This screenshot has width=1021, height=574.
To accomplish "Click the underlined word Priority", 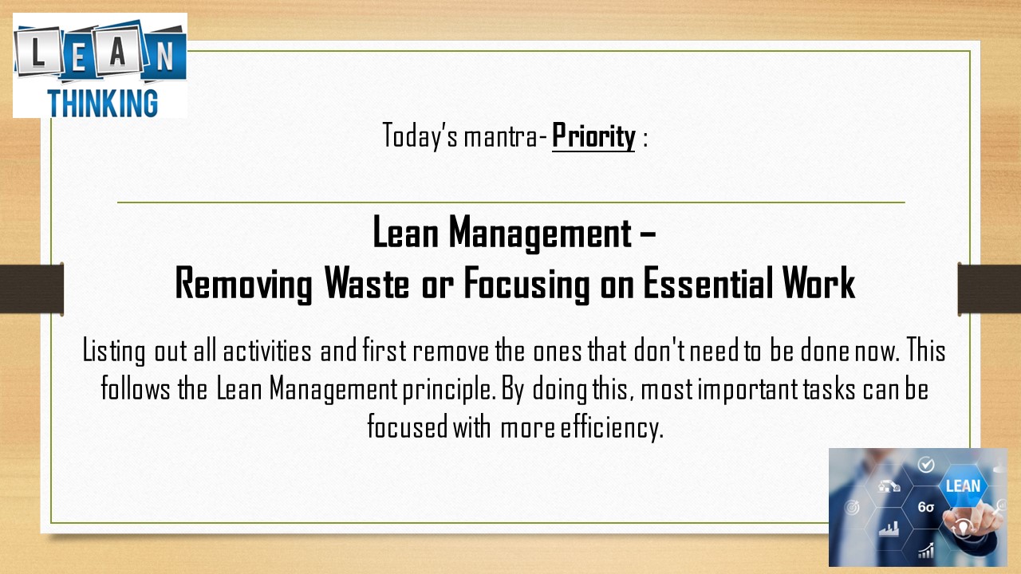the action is tap(593, 136).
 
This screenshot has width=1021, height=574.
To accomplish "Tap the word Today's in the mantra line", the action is tap(420, 136).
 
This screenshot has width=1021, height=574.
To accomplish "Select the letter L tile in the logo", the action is tap(38, 51).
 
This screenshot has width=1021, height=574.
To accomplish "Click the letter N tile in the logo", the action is tap(165, 56).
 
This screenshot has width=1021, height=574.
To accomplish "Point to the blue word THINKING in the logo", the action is tap(103, 103).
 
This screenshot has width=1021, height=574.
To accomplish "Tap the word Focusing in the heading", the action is tap(526, 284).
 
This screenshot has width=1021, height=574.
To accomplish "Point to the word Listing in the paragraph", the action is tap(113, 352).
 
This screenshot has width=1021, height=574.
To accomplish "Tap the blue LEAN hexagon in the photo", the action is tap(963, 486).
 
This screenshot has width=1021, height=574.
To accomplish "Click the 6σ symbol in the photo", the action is tap(926, 507).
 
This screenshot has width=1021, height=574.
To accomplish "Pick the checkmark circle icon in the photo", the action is tap(926, 465).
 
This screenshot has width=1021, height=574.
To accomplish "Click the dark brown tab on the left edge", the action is tap(31, 289).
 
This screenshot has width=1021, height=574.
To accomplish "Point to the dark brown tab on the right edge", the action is tap(989, 289).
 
